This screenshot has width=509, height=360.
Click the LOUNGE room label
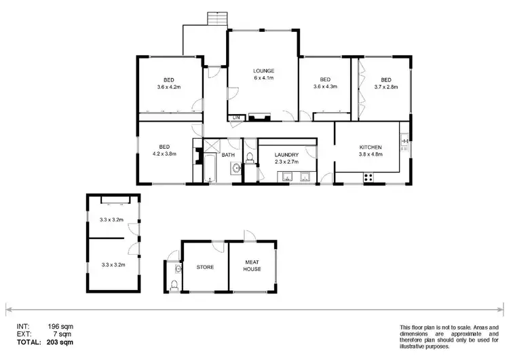point(263,71)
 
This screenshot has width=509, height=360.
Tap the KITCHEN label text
point(371,147)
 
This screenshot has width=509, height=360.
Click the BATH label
point(228,155)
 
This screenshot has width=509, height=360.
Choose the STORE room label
point(205,267)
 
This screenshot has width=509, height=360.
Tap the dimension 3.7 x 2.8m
point(385,87)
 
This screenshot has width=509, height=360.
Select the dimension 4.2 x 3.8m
point(164,154)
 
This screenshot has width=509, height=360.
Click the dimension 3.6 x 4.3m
point(325,87)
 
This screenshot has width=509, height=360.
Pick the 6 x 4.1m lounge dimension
point(263,78)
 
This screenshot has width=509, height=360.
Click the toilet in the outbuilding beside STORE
point(175,285)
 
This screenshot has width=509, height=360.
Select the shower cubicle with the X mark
point(212,145)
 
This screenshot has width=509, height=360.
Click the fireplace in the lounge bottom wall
point(259,117)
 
